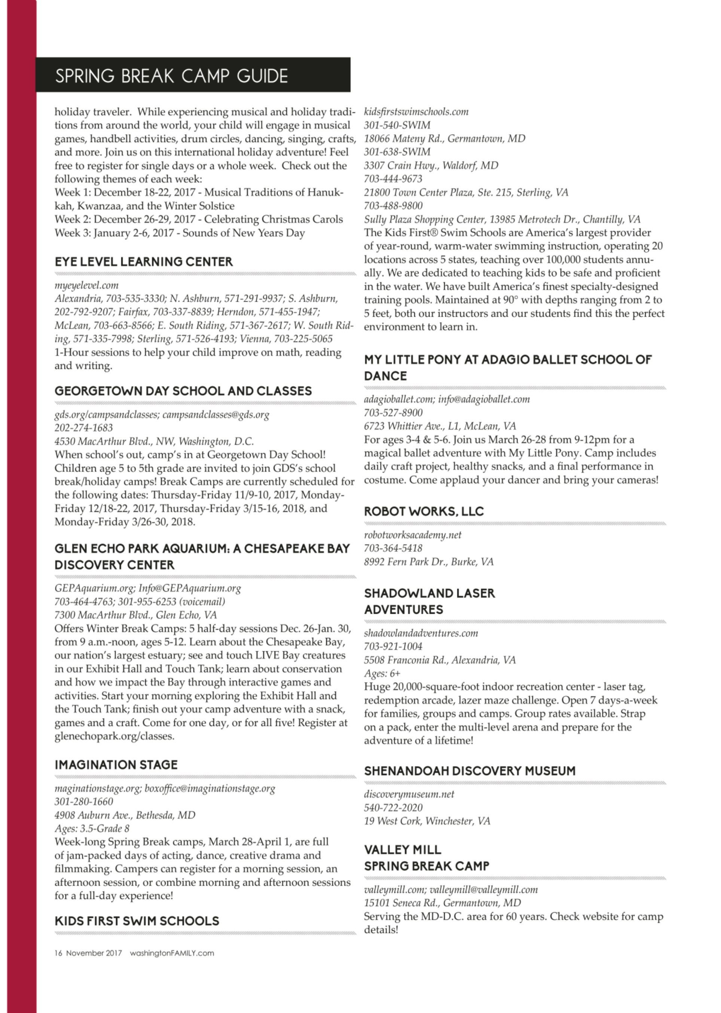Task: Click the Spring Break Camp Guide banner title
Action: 171,76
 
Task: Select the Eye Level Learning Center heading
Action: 143,262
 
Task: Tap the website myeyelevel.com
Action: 86,286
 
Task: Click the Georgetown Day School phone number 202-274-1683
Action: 83,428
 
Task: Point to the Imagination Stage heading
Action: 116,765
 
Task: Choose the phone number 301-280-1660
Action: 83,802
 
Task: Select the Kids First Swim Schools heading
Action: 137,921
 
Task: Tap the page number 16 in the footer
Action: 58,953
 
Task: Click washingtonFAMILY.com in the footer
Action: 172,953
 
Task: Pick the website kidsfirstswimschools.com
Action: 416,112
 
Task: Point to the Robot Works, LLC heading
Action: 424,512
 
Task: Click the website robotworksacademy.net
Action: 412,535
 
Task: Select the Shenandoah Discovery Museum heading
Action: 469,771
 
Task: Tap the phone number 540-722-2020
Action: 393,808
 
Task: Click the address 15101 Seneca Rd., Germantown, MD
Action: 442,903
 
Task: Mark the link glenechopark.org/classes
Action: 114,736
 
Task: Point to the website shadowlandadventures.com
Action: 421,634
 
